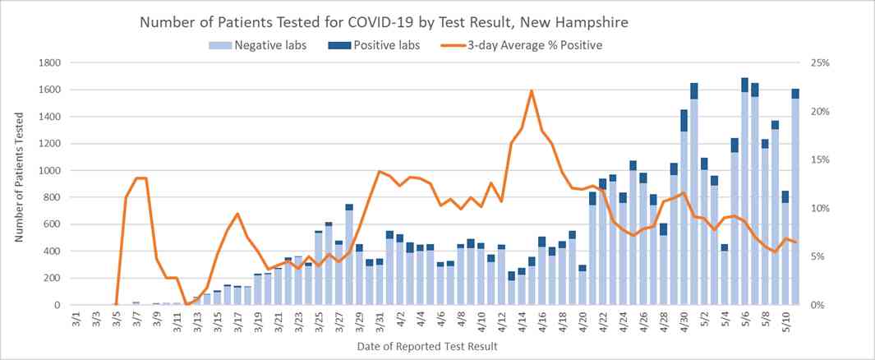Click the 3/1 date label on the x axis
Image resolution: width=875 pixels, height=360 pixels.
(76, 319)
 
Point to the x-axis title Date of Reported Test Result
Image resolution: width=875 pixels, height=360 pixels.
(426, 347)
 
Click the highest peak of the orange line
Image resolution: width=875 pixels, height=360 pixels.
(532, 90)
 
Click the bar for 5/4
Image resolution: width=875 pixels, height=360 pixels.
(725, 275)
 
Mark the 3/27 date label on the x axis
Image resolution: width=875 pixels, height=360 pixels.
(339, 319)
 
